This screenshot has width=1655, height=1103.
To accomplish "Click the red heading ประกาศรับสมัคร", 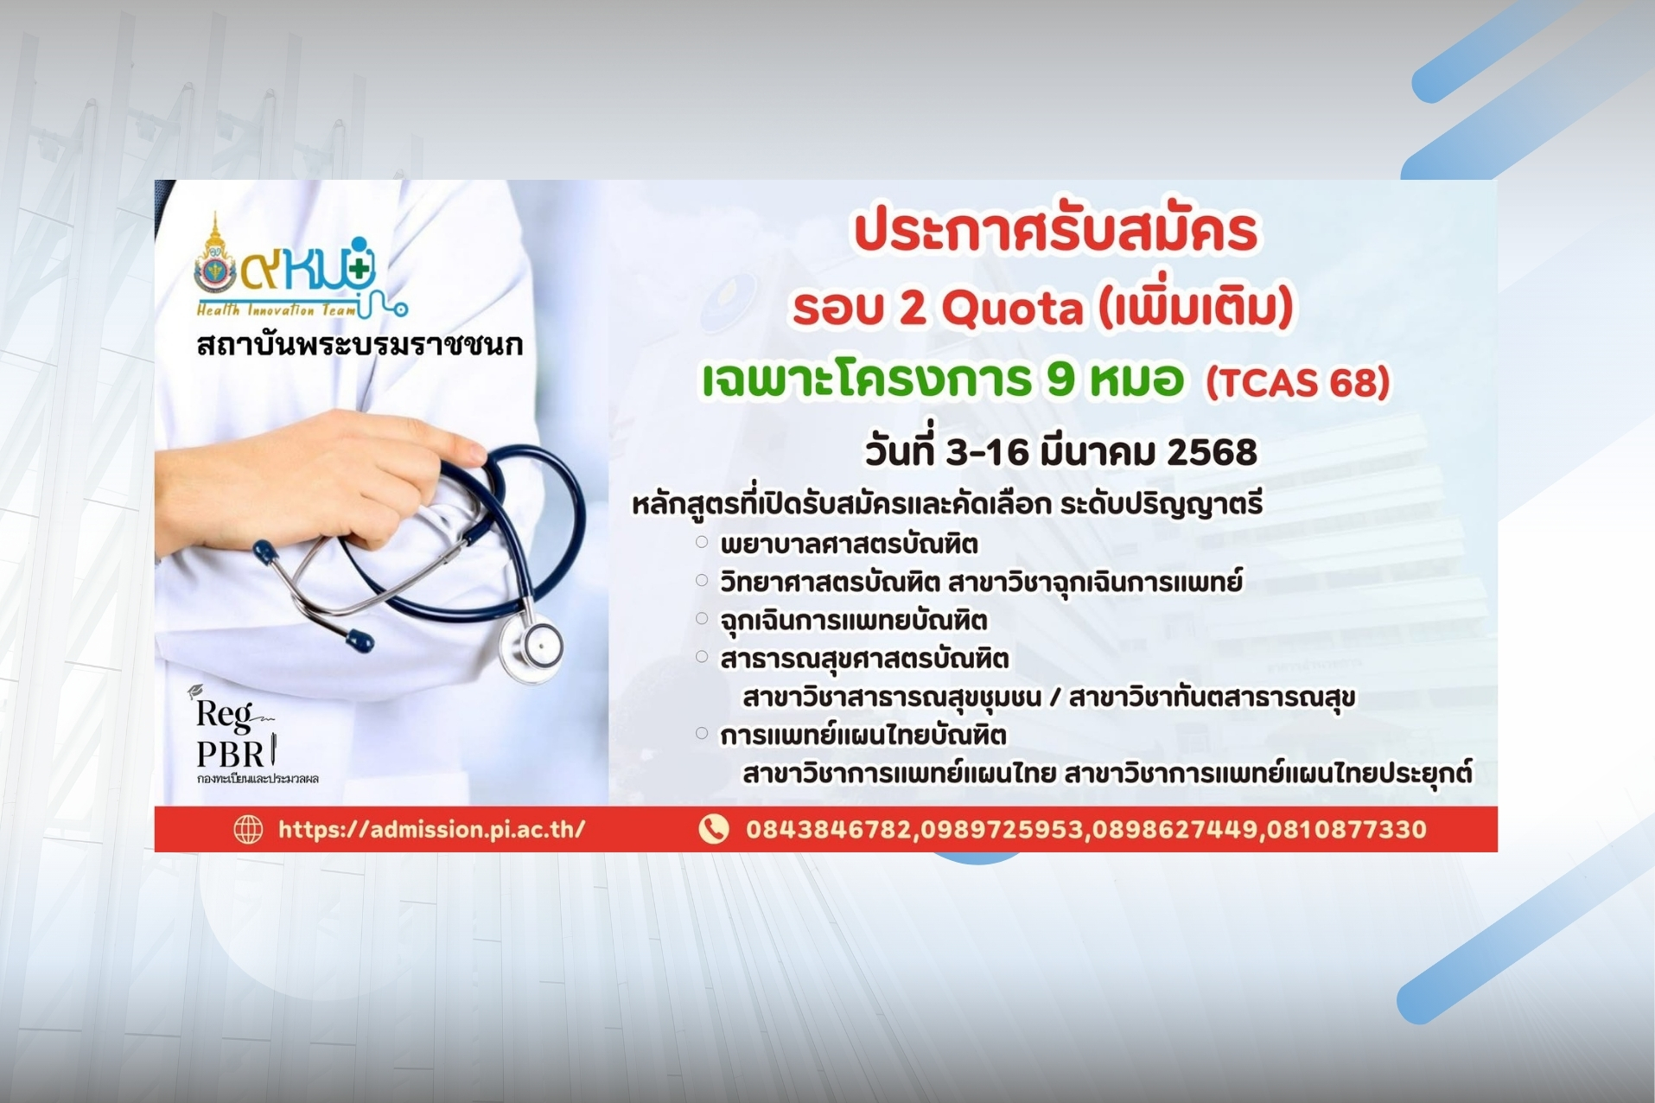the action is click(1056, 233).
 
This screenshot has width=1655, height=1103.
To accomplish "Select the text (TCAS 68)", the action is click(1298, 382).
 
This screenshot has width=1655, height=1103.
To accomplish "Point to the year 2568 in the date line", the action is click(1212, 452).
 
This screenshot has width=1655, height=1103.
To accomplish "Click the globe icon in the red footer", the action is click(248, 829).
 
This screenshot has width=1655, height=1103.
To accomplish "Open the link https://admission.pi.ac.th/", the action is click(431, 830).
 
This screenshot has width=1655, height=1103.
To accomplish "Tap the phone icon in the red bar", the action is click(713, 829).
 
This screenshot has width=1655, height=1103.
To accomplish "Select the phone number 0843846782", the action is click(828, 830).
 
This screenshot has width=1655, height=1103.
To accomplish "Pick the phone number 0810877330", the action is click(1346, 830).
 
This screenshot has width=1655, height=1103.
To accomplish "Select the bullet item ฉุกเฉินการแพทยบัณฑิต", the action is click(853, 621).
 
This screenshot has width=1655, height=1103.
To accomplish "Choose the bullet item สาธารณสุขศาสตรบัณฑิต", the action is click(864, 659).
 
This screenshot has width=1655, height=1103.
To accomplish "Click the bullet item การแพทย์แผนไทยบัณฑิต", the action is click(863, 735).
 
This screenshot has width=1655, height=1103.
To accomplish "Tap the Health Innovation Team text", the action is click(276, 310).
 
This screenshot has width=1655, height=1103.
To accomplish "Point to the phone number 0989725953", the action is click(1001, 830).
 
